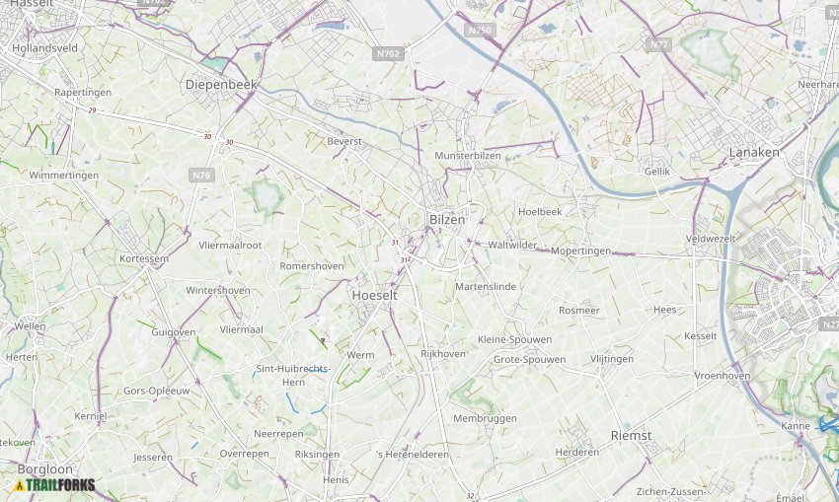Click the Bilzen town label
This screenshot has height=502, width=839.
point(446,220)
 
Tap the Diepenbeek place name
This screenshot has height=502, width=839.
point(221,85)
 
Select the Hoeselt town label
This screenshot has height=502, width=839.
point(374,295)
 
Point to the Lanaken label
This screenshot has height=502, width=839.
point(754,152)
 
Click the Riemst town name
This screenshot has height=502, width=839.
point(631,435)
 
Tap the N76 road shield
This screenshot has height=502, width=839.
point(201,175)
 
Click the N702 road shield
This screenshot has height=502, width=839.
point(390,53)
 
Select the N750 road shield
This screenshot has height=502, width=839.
point(480,31)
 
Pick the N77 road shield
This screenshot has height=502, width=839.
point(658,45)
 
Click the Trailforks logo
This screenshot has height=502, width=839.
point(54,485)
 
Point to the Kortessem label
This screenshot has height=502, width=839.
point(144,257)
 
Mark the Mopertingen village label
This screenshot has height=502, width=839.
point(580,251)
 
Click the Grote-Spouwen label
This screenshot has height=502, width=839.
point(529,359)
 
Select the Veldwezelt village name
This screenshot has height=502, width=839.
point(711,239)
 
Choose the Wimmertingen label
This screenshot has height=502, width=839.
point(64,175)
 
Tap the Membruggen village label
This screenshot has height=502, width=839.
point(485,418)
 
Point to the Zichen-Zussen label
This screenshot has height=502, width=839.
point(670,491)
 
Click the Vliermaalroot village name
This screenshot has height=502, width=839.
point(230,245)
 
